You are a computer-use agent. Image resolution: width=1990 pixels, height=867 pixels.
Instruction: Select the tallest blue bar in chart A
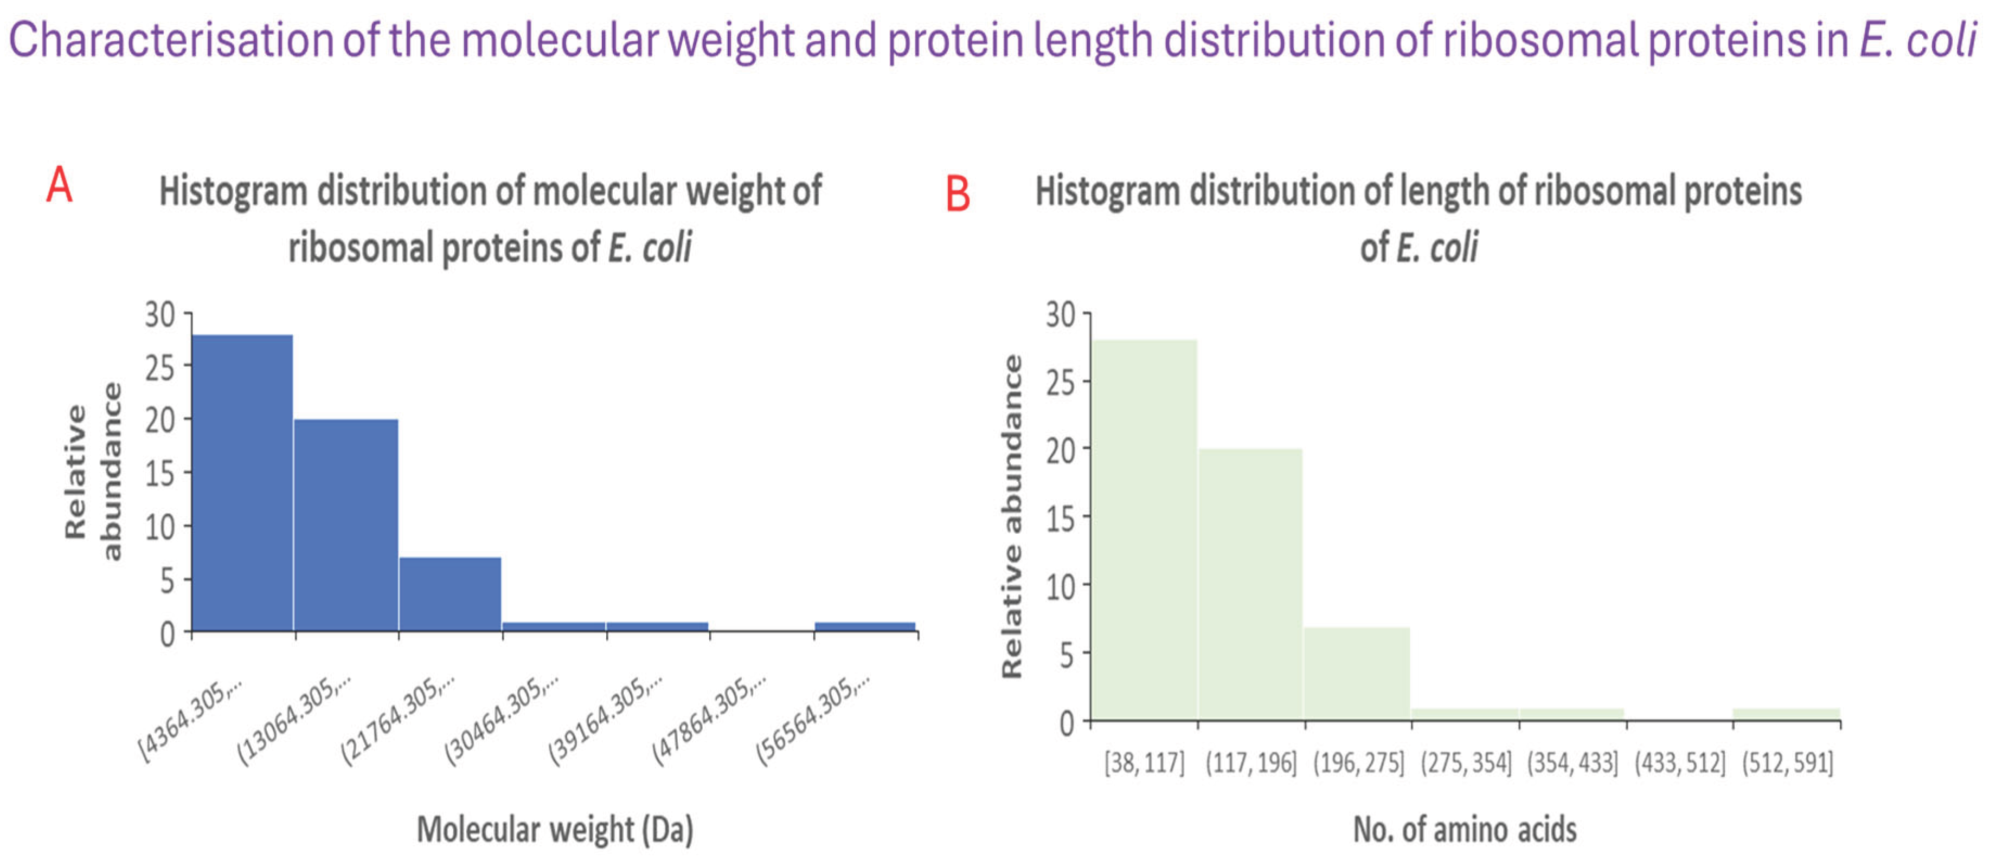[242, 482]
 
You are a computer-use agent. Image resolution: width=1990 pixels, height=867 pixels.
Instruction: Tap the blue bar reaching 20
[346, 525]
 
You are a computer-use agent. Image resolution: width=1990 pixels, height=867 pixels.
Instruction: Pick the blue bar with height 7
[450, 594]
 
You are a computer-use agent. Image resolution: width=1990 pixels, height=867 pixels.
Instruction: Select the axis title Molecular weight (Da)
[555, 830]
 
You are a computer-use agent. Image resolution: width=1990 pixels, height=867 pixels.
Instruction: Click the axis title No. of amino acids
[1464, 830]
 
